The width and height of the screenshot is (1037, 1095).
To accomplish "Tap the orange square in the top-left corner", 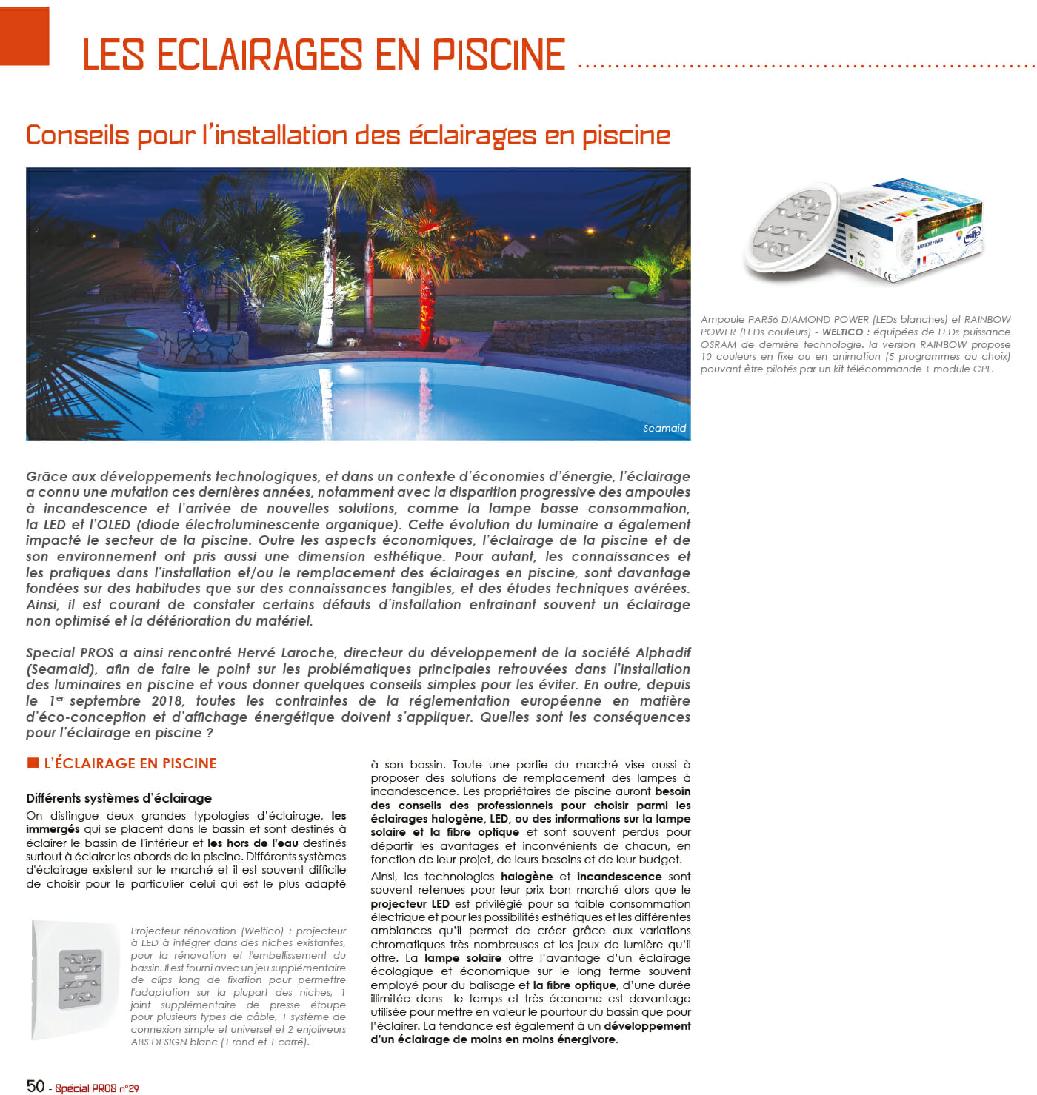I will tap(24, 36).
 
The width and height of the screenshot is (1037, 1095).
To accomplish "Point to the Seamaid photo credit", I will tap(664, 428).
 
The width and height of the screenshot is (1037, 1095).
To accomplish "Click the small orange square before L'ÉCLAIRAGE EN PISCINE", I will tap(33, 763).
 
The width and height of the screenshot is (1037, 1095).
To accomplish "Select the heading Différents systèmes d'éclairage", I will tap(119, 797).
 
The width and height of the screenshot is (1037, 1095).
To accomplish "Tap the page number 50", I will tap(36, 1085).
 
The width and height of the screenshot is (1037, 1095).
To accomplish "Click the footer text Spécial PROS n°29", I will tap(97, 1088).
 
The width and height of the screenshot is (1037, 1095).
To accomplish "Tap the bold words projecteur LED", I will tap(410, 903).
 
